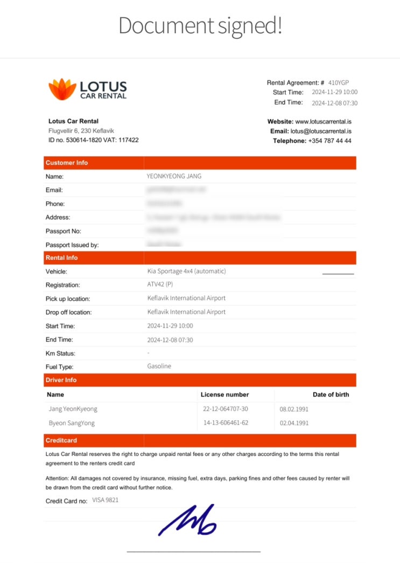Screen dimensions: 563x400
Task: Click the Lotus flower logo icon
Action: (62, 89)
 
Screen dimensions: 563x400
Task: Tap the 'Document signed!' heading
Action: (200, 26)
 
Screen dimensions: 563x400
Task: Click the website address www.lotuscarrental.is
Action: (323, 122)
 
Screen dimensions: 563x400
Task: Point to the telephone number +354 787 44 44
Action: (329, 140)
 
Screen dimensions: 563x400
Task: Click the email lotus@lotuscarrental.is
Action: (321, 131)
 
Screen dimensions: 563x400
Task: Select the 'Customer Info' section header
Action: (67, 163)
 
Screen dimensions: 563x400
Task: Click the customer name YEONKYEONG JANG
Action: (174, 176)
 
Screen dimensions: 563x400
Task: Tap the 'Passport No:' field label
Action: (64, 231)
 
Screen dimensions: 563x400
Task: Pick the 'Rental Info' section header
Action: (61, 258)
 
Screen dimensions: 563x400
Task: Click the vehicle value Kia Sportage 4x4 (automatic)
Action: (186, 271)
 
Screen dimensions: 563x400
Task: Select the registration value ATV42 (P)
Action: (160, 285)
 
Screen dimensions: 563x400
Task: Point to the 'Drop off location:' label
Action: (68, 312)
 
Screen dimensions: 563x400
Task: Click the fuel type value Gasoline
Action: (159, 366)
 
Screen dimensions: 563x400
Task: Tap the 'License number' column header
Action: (224, 395)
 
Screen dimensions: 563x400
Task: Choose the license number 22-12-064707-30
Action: (226, 409)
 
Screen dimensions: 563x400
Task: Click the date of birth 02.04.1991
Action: (294, 423)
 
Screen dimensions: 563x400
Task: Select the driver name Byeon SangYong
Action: (72, 423)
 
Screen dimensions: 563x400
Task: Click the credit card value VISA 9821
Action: (106, 500)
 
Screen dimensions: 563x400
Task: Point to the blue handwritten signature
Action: (187, 520)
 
